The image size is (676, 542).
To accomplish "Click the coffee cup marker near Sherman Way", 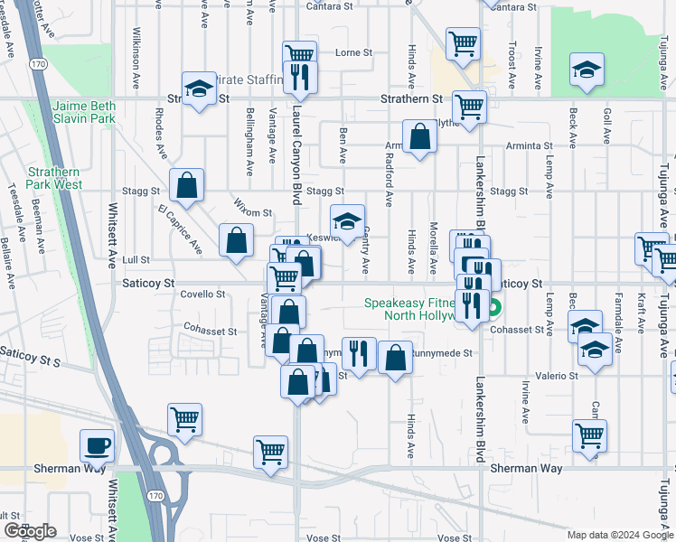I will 97,445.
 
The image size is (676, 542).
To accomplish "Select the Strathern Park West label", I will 54,178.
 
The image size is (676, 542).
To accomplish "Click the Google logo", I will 30,531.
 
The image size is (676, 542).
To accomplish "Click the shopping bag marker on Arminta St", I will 419,137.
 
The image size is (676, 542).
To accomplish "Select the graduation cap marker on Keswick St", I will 347,220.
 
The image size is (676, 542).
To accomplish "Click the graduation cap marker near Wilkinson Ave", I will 197,89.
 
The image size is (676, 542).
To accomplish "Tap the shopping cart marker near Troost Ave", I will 463,42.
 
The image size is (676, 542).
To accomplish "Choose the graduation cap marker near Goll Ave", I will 586,70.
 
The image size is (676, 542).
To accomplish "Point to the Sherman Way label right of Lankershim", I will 526,469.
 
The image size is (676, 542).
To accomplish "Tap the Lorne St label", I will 353,52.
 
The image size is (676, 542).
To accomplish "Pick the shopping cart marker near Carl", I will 589,435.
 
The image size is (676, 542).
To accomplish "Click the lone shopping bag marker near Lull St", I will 236,240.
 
